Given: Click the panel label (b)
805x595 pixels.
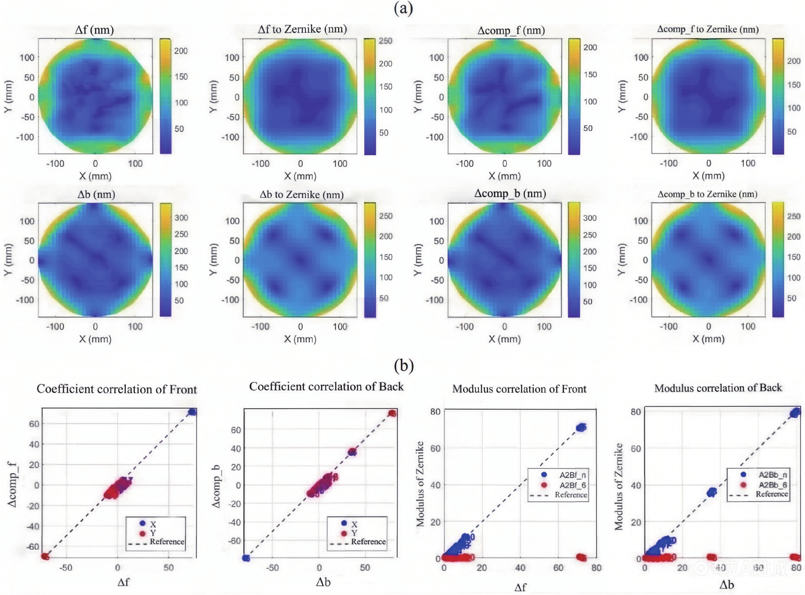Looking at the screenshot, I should click(404, 365).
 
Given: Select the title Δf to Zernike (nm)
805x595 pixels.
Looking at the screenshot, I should click(302, 29).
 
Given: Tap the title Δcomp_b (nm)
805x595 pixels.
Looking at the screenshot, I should click(510, 193).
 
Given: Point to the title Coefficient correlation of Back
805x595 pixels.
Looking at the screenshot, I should click(326, 386).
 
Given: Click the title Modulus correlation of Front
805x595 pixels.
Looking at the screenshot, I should click(519, 389).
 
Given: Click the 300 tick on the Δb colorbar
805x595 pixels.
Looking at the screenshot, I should click(181, 218).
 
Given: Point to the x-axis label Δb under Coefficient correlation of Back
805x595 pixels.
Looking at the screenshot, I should click(323, 582).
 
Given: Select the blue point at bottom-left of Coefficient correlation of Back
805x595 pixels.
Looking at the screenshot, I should click(246, 558).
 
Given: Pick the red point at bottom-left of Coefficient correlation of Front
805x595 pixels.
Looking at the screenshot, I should click(45, 556).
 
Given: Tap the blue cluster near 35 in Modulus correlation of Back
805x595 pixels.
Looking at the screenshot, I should click(711, 492).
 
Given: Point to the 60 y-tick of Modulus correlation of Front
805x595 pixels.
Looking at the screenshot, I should click(435, 448).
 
